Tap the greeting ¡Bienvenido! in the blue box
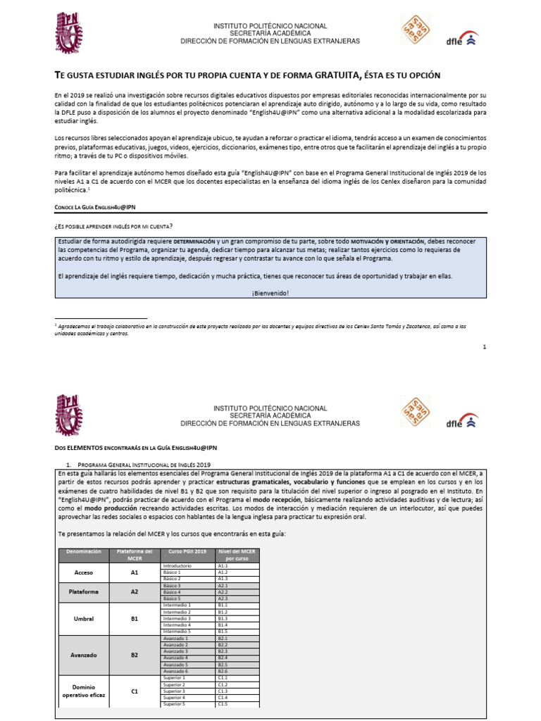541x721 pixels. pos(270,293)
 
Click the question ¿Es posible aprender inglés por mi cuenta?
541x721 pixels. pos(113,225)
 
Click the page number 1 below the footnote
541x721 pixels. pos(484,347)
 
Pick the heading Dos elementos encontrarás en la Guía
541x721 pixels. pos(135,447)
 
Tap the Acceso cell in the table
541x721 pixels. pos(84,572)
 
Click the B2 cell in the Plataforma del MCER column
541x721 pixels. pos(135,654)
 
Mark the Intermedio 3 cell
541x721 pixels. pos(178,618)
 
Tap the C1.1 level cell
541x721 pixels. pos(223,677)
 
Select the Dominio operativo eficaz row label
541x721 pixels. pos(84,691)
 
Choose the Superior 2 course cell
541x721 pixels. pos(175,684)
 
